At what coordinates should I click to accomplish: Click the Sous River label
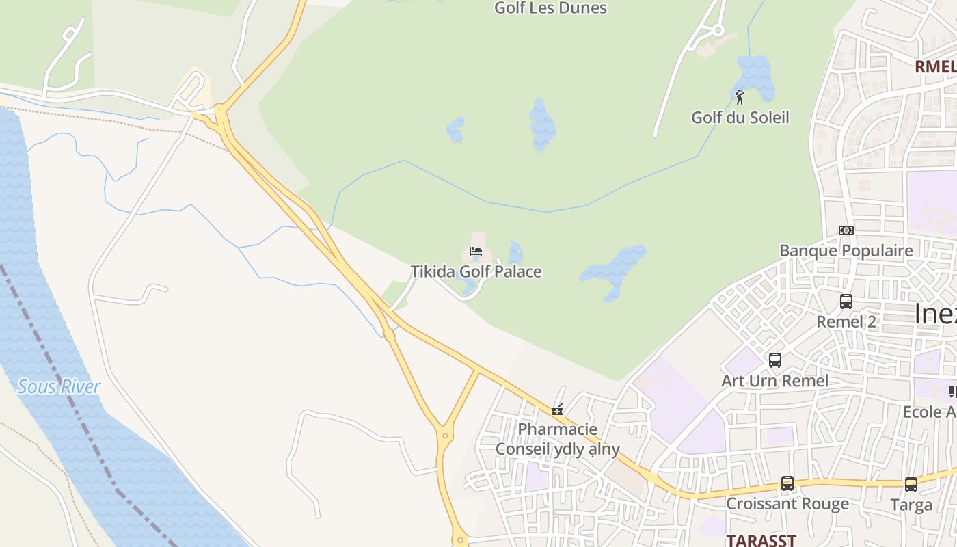pos(59,386)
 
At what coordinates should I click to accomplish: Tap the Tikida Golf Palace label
pos(476,271)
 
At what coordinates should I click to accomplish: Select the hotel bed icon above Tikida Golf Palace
pos(476,252)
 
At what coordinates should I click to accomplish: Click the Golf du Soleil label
pos(740,117)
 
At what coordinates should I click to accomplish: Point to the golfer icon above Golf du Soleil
pos(739,97)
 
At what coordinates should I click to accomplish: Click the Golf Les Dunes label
pos(550,8)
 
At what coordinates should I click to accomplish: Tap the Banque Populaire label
pos(846,250)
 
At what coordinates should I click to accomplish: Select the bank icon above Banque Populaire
pos(846,230)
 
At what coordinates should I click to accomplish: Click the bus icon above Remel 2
pos(846,301)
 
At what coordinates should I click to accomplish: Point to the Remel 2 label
pos(846,321)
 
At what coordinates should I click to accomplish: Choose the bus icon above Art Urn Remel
pos(774,360)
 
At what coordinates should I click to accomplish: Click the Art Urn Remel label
pos(774,380)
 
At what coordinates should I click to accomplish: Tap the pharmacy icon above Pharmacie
pos(557,410)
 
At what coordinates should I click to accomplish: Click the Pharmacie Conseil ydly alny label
pos(557,439)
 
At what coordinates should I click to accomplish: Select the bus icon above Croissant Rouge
pos(787,483)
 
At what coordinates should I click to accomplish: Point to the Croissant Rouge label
pos(787,504)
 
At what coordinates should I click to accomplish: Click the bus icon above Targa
pos(911,485)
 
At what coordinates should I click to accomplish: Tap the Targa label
pos(911,505)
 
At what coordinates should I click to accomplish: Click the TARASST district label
pos(761,540)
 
